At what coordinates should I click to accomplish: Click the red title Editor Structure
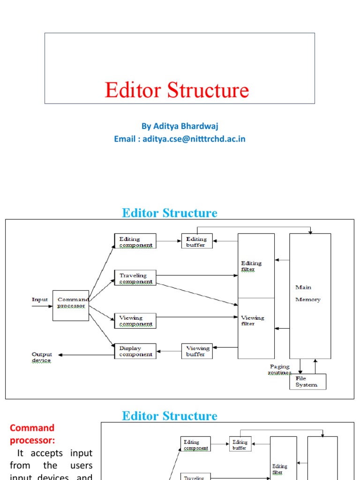(177, 90)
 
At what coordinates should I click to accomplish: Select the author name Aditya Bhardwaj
(180, 126)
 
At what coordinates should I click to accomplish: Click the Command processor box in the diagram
(71, 305)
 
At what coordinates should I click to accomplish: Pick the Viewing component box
(135, 321)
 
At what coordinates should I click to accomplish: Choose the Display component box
(135, 351)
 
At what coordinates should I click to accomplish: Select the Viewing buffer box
(197, 351)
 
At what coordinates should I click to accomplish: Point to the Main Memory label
(308, 293)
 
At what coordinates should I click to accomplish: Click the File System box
(307, 382)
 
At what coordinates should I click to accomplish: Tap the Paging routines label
(280, 369)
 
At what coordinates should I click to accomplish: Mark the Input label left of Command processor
(40, 300)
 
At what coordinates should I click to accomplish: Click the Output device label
(42, 357)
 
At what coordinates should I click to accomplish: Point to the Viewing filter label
(253, 321)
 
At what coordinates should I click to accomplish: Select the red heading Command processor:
(32, 434)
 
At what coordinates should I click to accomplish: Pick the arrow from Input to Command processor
(42, 307)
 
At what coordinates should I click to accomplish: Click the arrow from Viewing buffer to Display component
(169, 351)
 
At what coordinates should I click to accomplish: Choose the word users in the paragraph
(80, 465)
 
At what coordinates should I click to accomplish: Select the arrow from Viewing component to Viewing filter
(197, 317)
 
